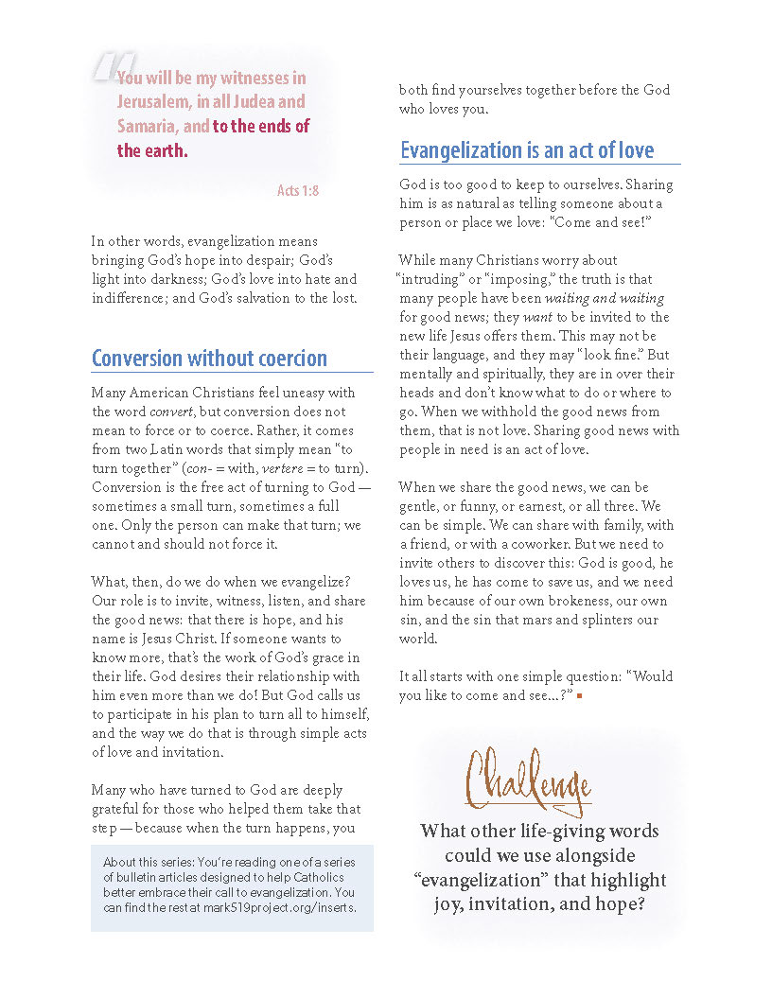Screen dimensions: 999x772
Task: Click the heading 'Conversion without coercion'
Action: click(x=209, y=359)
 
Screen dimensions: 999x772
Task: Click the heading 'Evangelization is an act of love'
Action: click(x=527, y=150)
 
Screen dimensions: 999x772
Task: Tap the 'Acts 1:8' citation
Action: click(x=298, y=190)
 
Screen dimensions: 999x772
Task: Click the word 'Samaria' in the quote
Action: click(x=145, y=126)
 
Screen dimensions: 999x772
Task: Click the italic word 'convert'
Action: click(x=170, y=412)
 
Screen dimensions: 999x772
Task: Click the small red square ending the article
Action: click(x=578, y=696)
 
